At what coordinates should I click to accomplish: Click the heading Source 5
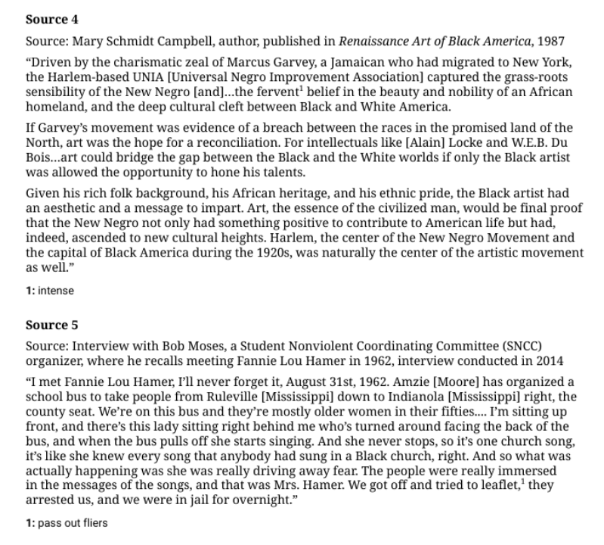click(51, 325)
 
